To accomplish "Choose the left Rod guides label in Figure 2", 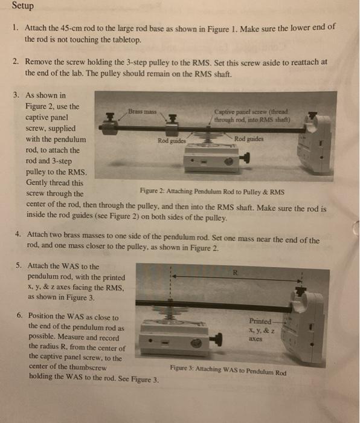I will (x=171, y=140).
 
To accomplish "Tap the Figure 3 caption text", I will (x=228, y=369).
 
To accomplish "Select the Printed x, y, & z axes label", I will (x=263, y=330).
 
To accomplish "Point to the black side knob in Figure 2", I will (x=245, y=160).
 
